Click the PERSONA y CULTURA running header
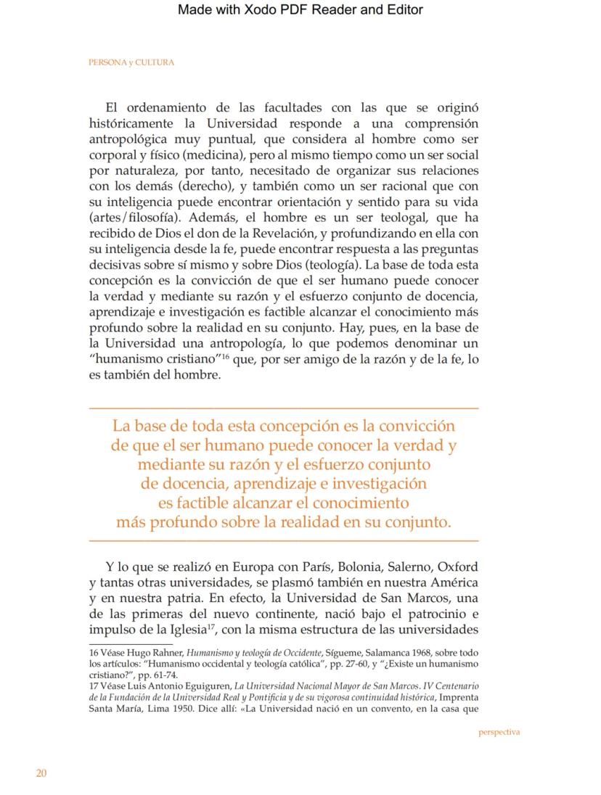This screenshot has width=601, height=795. click(131, 62)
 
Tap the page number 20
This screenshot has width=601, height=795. click(41, 773)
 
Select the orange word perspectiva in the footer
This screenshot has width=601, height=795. click(499, 732)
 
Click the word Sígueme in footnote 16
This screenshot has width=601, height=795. click(344, 653)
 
